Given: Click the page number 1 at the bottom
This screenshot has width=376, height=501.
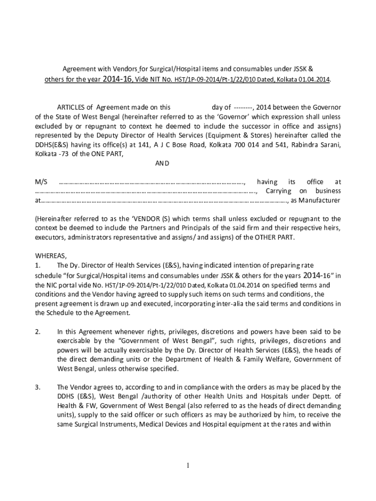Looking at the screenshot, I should (188, 465).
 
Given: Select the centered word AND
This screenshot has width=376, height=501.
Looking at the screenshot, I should (162, 163).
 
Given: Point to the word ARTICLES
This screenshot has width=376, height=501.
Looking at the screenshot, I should (75, 107).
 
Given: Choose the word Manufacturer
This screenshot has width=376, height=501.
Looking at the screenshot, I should (320, 200).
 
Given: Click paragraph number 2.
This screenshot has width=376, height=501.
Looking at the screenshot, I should (38, 331).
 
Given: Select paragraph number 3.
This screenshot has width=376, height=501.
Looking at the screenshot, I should (38, 387).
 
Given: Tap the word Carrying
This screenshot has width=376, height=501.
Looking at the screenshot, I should (278, 191).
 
